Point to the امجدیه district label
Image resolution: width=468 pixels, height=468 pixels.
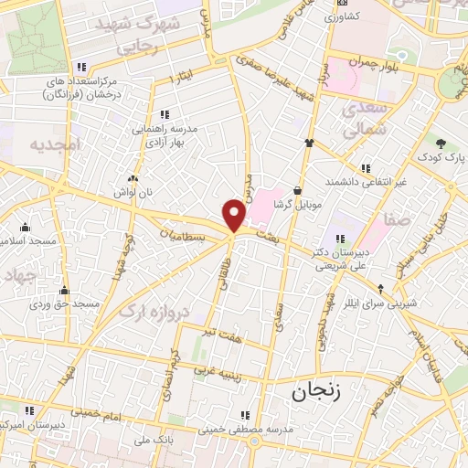click(x=56, y=144)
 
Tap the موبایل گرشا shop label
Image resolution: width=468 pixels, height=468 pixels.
click(x=297, y=206)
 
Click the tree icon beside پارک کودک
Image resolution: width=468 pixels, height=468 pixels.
click(x=441, y=143)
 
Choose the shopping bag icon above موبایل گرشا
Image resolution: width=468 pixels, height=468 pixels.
click(x=297, y=190)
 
